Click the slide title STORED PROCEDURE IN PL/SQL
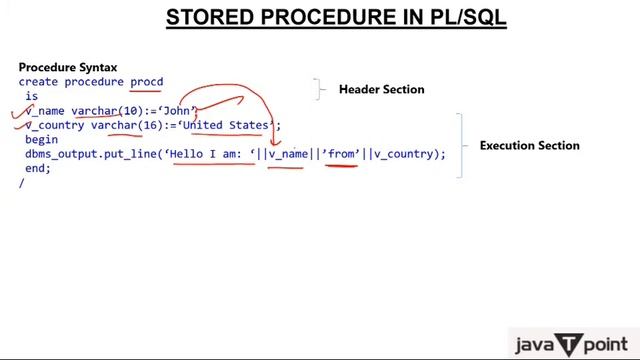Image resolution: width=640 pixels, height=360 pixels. tap(335, 18)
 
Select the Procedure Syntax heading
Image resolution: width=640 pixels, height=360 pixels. tap(68, 67)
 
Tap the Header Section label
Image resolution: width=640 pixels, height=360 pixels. tap(381, 89)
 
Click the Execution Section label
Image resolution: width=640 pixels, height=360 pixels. tap(529, 145)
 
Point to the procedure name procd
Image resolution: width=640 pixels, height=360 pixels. tap(146, 82)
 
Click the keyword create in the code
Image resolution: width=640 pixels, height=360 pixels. tap(39, 82)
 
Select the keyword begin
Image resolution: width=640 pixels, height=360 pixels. tap(42, 140)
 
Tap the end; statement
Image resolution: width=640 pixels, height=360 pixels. tap(38, 168)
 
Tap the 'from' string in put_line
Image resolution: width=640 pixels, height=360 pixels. tap(340, 154)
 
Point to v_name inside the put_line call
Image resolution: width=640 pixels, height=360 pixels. tap(288, 154)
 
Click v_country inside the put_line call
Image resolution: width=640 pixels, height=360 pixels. tap(405, 154)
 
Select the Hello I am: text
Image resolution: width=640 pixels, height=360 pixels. tap(209, 154)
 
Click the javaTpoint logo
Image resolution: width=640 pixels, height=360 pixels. tap(571, 343)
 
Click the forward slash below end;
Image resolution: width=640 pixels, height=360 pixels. tap(21, 184)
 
